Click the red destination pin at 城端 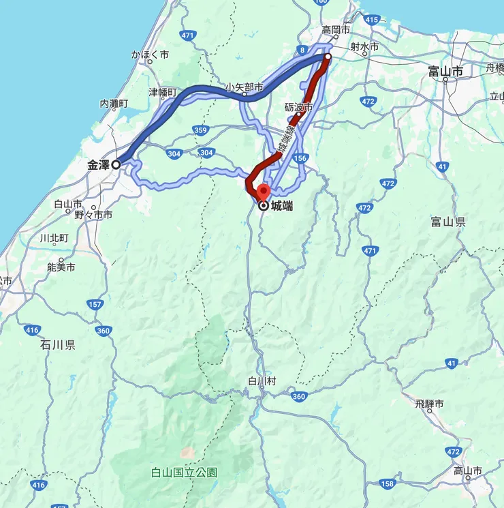[263, 193]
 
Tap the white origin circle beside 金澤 [116, 164]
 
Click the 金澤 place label [99, 164]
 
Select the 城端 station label [281, 205]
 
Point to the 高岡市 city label [336, 30]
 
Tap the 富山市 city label [445, 71]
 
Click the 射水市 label [364, 46]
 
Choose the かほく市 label [151, 55]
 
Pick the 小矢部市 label [245, 87]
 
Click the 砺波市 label [299, 108]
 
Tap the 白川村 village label [262, 381]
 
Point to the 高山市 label [468, 471]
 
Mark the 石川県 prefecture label [57, 345]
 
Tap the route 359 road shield [200, 130]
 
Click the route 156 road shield [300, 158]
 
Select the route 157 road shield [95, 303]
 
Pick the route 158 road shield [387, 484]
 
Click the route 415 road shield [371, 20]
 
